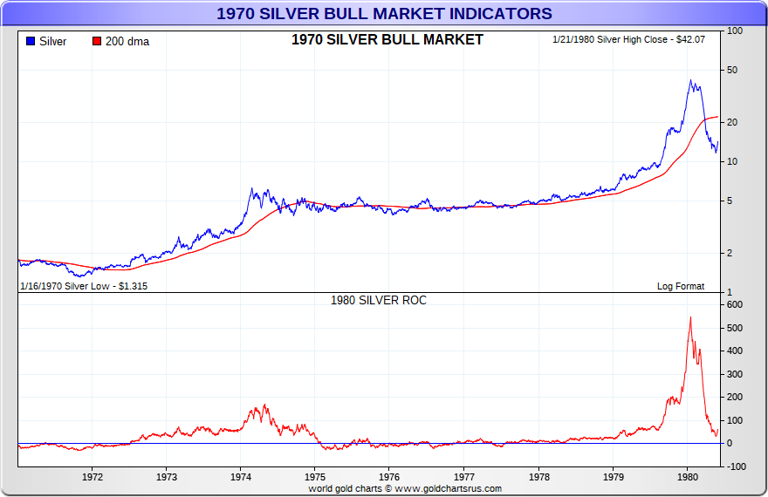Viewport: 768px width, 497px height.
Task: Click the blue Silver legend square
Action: [31, 41]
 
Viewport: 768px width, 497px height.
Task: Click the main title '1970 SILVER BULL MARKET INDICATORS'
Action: [384, 13]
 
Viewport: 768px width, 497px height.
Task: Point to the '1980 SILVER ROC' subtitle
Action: [378, 300]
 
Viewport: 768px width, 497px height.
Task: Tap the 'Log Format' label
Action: [680, 286]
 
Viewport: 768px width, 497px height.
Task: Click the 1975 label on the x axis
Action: [316, 477]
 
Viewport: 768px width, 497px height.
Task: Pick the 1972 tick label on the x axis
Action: [93, 477]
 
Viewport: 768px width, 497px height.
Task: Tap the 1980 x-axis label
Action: [688, 477]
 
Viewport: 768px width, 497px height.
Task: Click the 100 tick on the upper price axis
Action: [734, 31]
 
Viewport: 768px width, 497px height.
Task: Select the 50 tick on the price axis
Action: [734, 70]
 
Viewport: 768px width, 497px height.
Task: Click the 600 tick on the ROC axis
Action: [734, 304]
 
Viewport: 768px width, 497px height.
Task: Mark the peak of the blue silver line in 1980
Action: [690, 80]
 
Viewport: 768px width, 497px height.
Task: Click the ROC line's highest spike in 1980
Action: [690, 317]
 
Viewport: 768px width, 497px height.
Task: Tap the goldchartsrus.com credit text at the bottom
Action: [405, 489]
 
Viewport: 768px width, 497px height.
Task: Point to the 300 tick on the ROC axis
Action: [734, 374]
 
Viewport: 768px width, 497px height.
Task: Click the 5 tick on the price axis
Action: [730, 201]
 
